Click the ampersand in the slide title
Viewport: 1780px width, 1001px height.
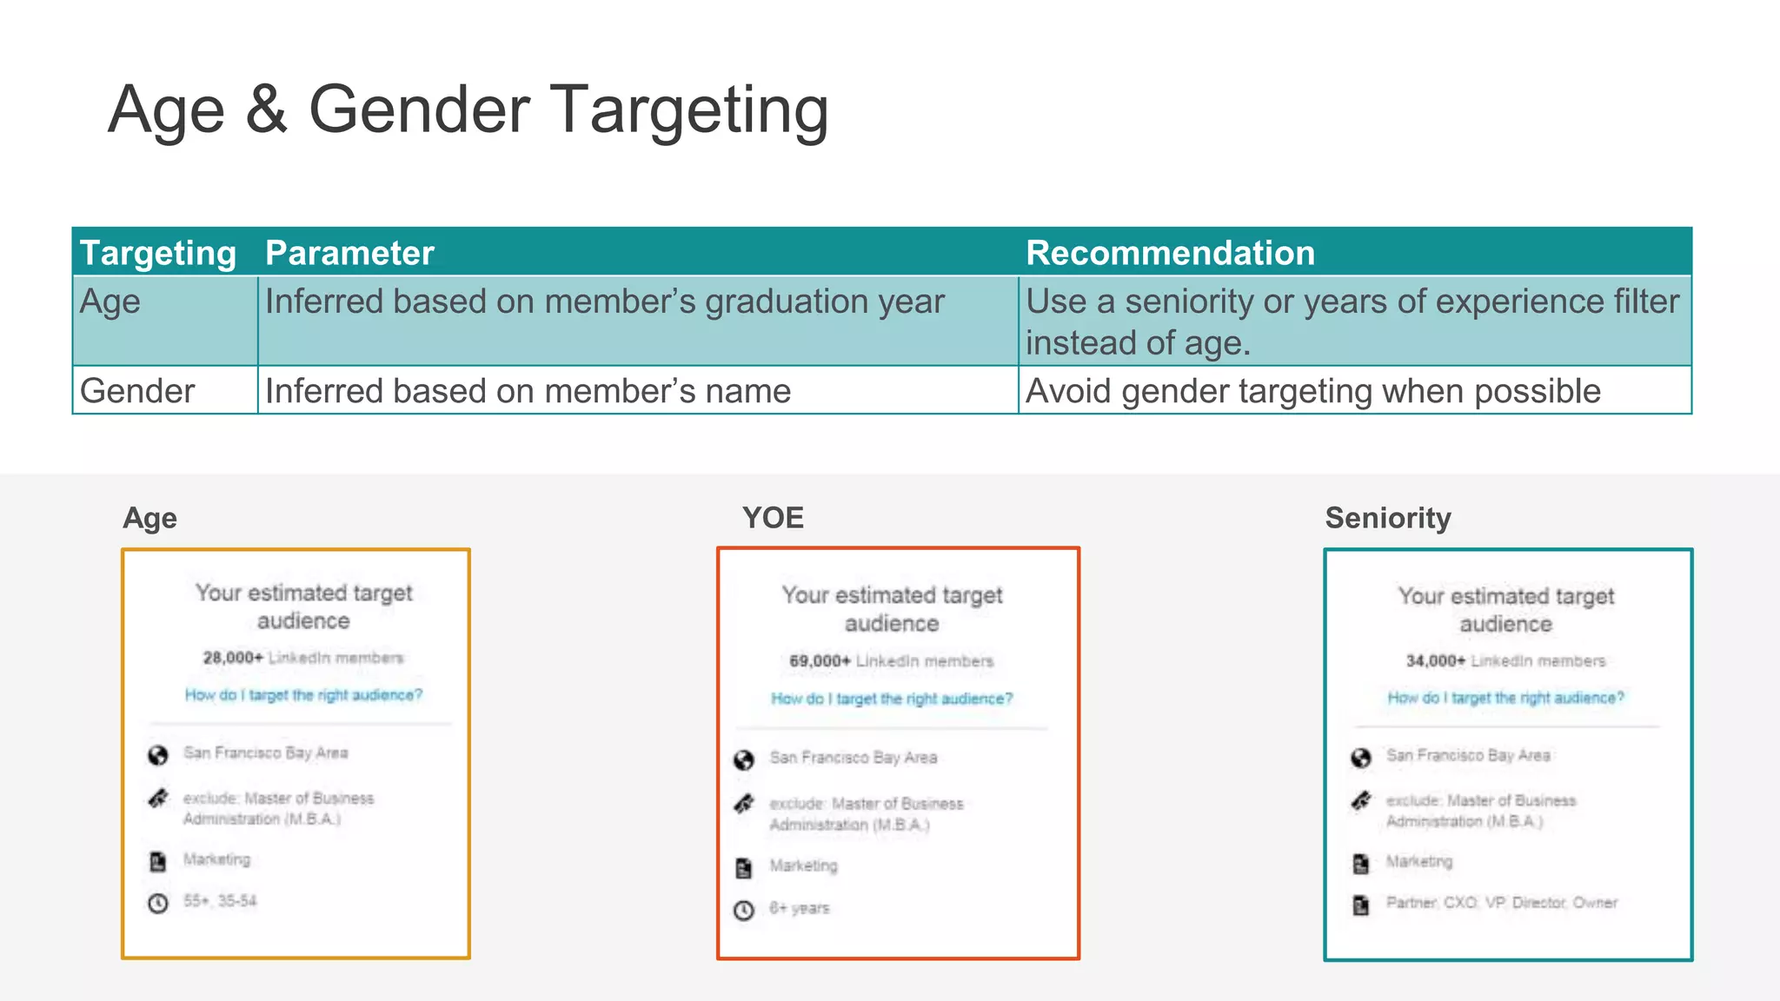(x=266, y=110)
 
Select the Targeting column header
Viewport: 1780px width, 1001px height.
(x=158, y=253)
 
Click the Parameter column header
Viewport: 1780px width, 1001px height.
(x=349, y=253)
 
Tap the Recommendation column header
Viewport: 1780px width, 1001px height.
(x=1170, y=253)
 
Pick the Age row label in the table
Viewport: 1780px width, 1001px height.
(x=110, y=302)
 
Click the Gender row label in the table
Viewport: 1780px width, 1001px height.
(x=137, y=391)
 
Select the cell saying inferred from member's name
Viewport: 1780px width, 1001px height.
(x=528, y=391)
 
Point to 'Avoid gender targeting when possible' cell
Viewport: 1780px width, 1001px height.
(x=1312, y=391)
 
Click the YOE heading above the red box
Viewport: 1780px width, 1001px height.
(x=773, y=518)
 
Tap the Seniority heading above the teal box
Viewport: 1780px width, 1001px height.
(x=1387, y=518)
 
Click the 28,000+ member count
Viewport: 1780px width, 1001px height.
(x=233, y=658)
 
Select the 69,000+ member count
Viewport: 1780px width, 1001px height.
(x=820, y=661)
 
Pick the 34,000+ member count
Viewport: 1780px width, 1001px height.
(x=1435, y=661)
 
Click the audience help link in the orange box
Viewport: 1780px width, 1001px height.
(x=303, y=695)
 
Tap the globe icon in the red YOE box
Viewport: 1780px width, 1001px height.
(x=744, y=760)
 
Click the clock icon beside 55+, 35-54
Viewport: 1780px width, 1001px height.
(x=158, y=904)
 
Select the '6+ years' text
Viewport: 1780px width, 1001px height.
(x=800, y=908)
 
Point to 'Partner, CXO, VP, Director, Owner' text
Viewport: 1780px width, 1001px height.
(x=1501, y=903)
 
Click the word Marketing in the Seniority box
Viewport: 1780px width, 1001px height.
(x=1418, y=862)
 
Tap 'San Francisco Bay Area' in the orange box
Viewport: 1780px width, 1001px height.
(x=265, y=753)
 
